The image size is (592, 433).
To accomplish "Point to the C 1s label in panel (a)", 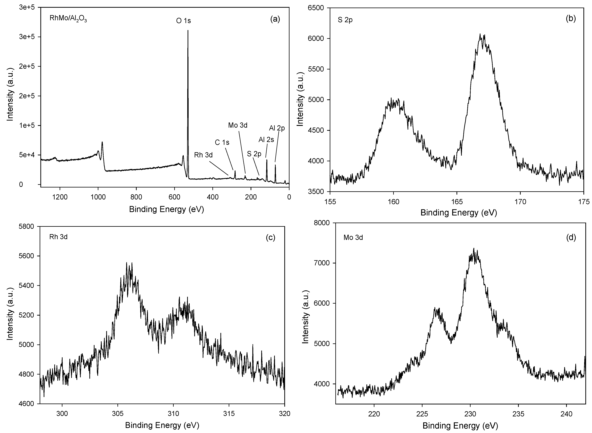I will click(x=222, y=142).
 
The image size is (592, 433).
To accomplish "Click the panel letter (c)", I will click(x=270, y=237).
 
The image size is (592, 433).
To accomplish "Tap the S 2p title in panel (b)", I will click(x=345, y=20).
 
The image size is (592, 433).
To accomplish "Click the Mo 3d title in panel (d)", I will click(x=353, y=238).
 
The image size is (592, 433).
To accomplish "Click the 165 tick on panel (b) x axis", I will click(x=457, y=202).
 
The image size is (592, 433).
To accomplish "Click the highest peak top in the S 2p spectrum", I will click(x=480, y=34).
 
